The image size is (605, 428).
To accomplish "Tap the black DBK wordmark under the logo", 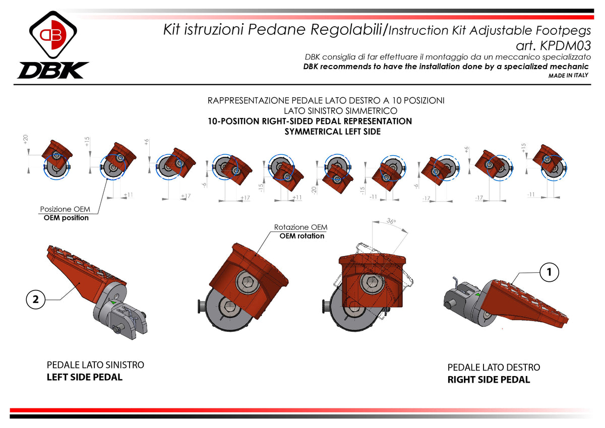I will (53, 70).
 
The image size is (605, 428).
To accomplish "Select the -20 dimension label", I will (314, 190).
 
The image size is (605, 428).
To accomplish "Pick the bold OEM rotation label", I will (301, 236).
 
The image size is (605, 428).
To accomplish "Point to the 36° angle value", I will (391, 221).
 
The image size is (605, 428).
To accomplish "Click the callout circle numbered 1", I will (550, 272).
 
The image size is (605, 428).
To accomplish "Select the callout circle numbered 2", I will (35, 299).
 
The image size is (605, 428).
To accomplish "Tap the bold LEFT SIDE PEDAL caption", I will (84, 377).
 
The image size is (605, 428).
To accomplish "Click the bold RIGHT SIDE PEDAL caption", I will (489, 380).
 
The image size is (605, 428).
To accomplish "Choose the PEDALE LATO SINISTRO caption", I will (95, 364).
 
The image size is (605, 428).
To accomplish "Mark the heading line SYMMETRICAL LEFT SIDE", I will (332, 132).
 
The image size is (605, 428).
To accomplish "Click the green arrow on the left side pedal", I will (113, 302).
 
